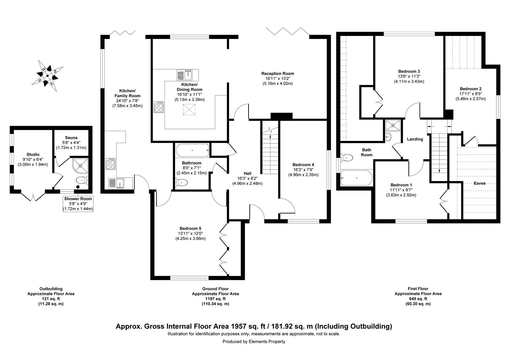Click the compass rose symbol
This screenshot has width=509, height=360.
click(x=48, y=76)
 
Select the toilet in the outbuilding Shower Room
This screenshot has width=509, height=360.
click(x=82, y=180)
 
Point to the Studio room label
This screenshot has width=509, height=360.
click(x=33, y=154)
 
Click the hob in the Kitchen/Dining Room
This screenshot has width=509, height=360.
click(x=159, y=107)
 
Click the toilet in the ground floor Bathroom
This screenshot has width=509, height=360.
click(x=181, y=182)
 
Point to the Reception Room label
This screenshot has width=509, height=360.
click(x=277, y=73)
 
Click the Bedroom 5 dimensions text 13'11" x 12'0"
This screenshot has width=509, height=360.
click(x=190, y=233)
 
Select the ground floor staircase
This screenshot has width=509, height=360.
click(x=270, y=150)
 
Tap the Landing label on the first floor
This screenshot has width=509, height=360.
click(x=415, y=139)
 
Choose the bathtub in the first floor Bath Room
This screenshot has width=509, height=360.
click(x=356, y=178)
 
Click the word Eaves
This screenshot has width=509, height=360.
click(x=479, y=183)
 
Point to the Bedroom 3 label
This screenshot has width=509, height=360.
click(x=409, y=71)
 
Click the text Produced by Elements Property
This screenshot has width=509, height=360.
click(x=254, y=341)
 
